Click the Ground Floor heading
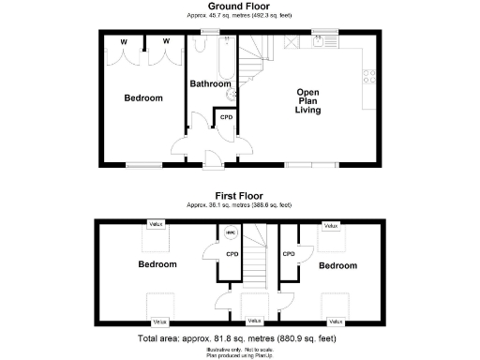(238, 7)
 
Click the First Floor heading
(238, 196)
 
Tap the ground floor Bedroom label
(143, 98)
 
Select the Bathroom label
(210, 83)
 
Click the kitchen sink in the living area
(322, 42)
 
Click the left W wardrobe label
(123, 40)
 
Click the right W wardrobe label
(165, 40)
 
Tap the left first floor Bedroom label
(157, 264)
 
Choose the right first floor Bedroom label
(337, 265)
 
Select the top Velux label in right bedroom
(330, 225)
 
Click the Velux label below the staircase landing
(252, 321)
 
